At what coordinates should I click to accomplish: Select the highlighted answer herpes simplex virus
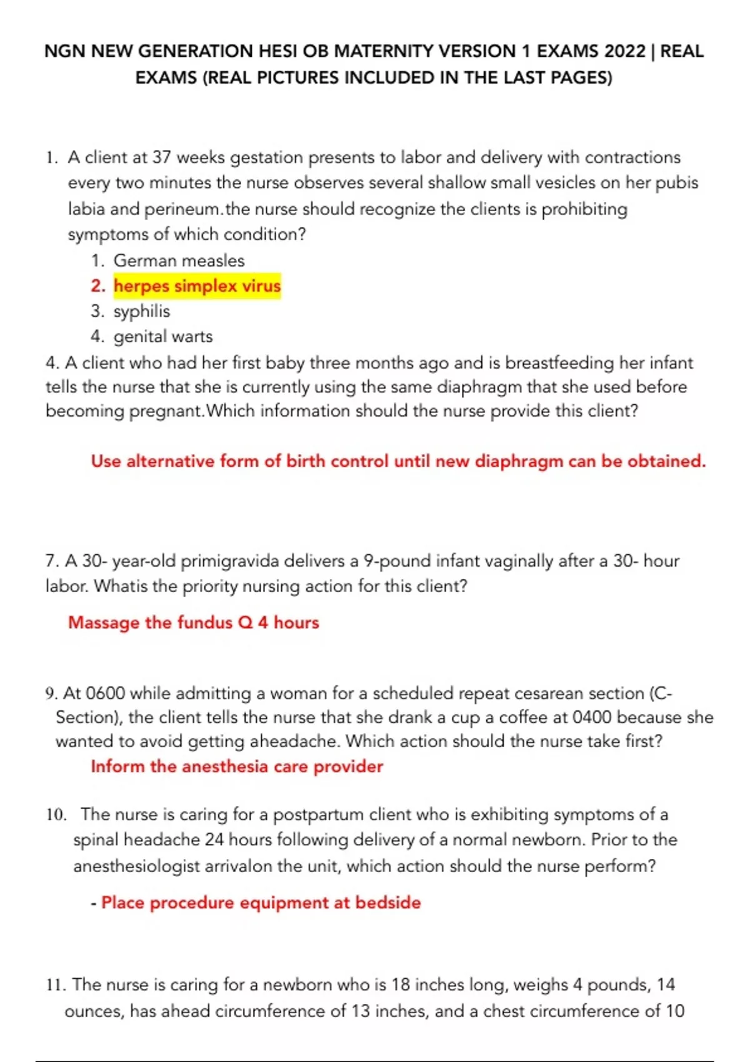click(197, 286)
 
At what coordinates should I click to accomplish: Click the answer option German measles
click(179, 261)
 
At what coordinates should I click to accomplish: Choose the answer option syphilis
click(141, 311)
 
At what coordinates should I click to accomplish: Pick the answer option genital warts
click(162, 337)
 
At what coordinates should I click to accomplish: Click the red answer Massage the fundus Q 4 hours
click(193, 622)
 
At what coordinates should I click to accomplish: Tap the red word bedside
click(387, 903)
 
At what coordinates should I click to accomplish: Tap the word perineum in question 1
click(182, 209)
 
